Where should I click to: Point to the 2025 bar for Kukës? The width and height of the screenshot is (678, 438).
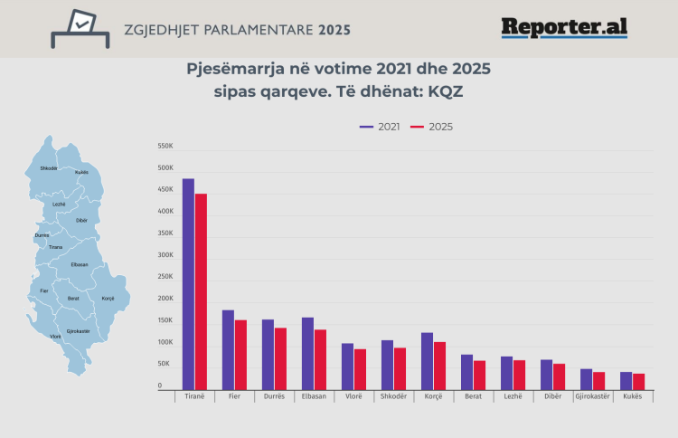pos(638,381)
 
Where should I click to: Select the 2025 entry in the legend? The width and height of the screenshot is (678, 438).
pos(432,127)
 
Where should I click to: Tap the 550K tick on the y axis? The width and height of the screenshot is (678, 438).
pos(165,147)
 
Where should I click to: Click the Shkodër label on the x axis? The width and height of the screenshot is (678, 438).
pos(393,396)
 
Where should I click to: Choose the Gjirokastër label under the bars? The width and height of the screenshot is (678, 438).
pos(592,396)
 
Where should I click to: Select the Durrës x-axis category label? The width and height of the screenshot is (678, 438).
pos(274,396)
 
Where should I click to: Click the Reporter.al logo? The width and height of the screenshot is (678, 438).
pos(564,28)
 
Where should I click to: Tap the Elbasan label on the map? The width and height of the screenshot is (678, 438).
pos(80,264)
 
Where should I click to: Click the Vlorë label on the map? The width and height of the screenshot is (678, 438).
pos(55,337)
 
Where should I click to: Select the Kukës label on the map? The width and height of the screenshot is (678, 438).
pos(81,172)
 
